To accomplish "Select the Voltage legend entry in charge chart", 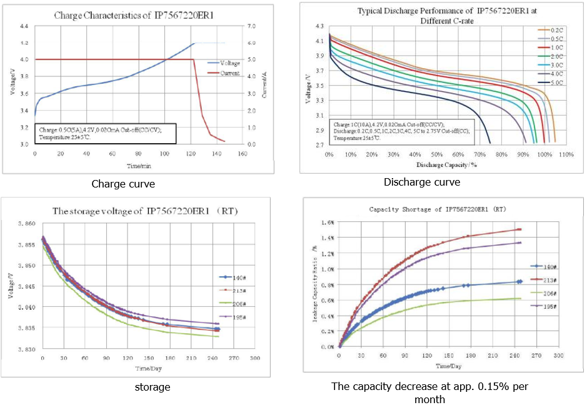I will point(227,62).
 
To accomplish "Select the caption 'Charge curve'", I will point(123,184).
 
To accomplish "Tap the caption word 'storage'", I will point(153,387).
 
